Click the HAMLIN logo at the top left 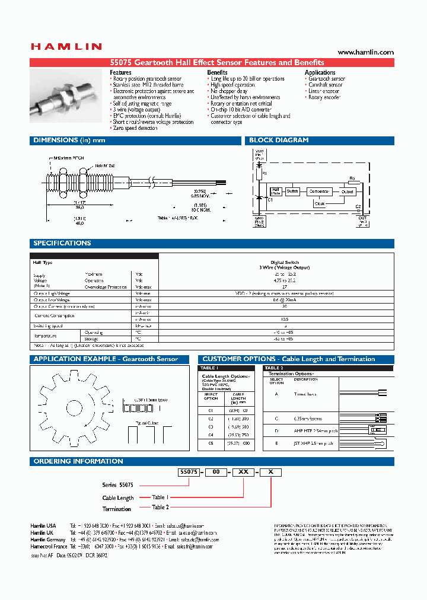(66, 46)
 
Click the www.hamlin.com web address (365, 52)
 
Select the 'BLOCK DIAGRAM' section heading (279, 141)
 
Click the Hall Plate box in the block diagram (276, 192)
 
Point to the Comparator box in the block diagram (321, 192)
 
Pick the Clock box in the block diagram (320, 203)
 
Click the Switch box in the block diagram (293, 192)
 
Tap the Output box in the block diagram (348, 192)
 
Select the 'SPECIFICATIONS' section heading (62, 243)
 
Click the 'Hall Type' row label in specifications (43, 263)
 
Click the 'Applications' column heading (320, 72)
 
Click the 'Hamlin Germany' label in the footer (47, 540)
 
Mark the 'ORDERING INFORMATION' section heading (78, 461)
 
